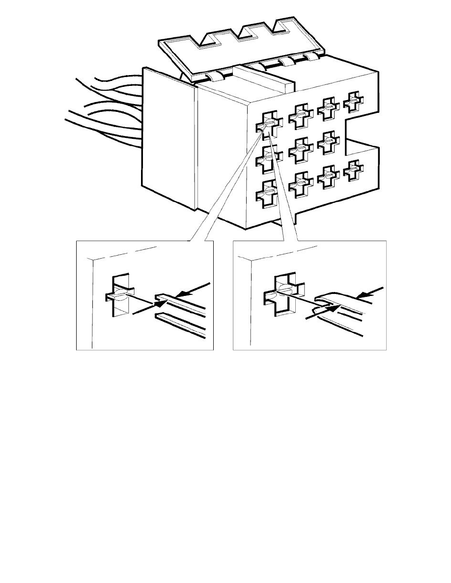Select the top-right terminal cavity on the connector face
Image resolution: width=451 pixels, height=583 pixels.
354,100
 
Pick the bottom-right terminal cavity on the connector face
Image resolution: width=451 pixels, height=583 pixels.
354,171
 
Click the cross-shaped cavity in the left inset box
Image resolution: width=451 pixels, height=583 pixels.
120,296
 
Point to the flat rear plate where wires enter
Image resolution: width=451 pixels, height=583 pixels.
167,137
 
